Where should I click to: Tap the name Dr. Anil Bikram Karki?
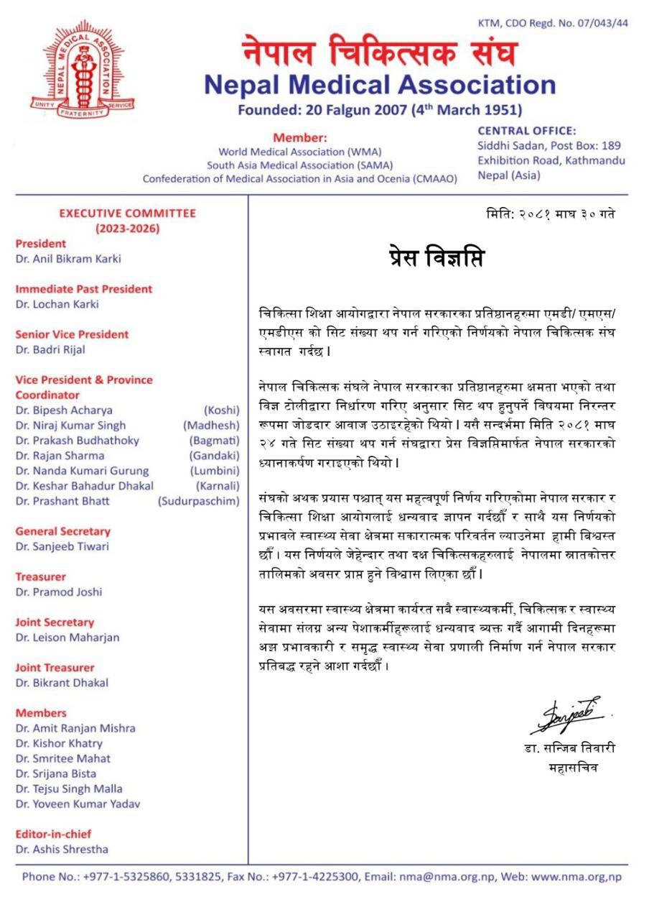tap(68, 259)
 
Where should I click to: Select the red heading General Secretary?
tap(62, 531)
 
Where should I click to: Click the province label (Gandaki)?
tap(214, 456)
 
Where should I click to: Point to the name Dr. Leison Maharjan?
tap(67, 638)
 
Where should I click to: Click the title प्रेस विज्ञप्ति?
tap(431, 257)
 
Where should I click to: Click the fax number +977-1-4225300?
tap(318, 877)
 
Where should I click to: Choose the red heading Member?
tap(299, 137)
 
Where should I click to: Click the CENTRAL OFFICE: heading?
tap(526, 131)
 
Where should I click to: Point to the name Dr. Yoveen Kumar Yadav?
tap(78, 804)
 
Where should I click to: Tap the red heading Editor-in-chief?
tap(53, 834)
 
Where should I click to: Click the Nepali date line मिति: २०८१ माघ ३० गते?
tap(550, 214)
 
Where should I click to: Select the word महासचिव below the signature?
tap(572, 768)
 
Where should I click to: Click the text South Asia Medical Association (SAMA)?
tap(300, 165)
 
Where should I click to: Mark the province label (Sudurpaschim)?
tap(199, 501)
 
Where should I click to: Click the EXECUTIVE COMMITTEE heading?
tap(127, 213)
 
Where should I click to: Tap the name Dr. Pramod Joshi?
tap(59, 592)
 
